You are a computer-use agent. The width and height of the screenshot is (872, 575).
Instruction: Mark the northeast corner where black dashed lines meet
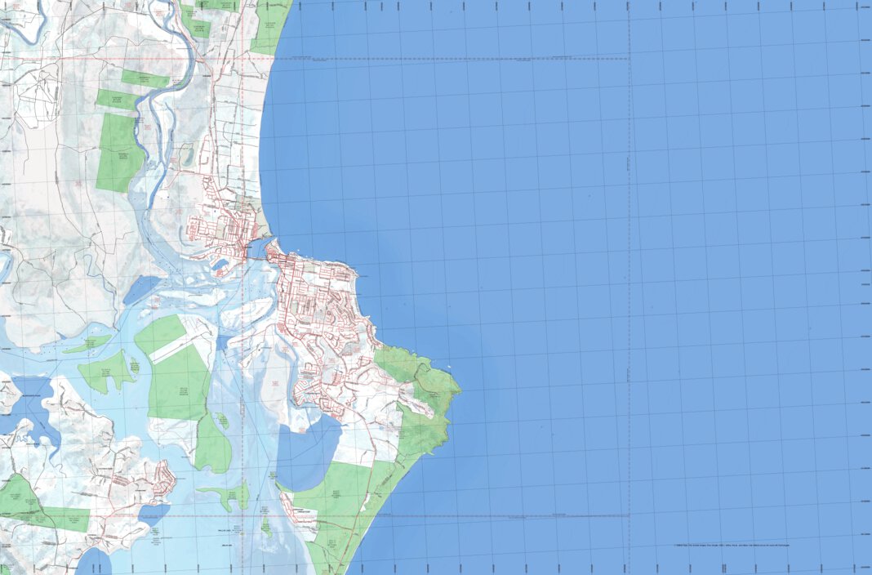tap(629, 59)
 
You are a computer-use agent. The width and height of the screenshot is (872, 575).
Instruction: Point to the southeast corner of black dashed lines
tap(629, 516)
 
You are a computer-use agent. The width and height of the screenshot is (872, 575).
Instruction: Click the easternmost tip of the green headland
tap(460, 390)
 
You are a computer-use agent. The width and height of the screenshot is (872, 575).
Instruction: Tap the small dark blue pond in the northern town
tap(220, 265)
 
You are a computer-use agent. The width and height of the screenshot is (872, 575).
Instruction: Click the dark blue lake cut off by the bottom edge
tap(94, 564)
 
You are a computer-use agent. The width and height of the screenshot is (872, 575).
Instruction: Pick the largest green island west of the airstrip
tap(106, 371)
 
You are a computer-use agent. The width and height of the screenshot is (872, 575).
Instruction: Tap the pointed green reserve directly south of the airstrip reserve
tap(212, 445)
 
